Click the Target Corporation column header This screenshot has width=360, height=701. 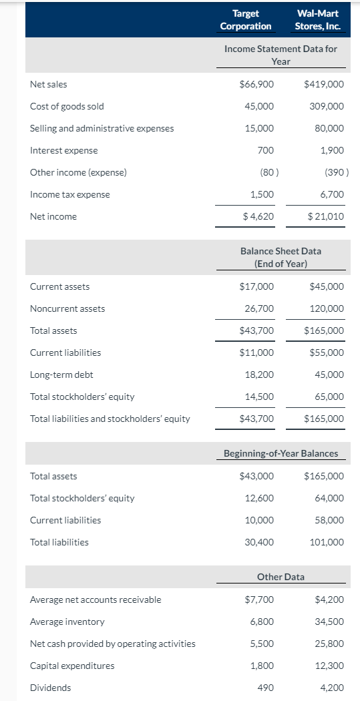coord(246,20)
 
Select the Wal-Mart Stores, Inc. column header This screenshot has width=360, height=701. coord(319,20)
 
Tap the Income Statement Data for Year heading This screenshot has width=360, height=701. coord(281,55)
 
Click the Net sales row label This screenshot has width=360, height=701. coord(49,84)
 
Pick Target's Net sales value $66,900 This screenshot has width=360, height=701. coord(256,84)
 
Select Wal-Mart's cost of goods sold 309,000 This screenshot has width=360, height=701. coord(327,106)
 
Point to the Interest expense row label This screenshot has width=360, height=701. coord(64,150)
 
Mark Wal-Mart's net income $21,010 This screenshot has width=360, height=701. coord(326,216)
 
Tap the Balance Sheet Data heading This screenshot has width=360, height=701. coord(281,257)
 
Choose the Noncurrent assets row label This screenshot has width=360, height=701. coord(67,308)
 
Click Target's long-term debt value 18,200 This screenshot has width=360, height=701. coord(261,375)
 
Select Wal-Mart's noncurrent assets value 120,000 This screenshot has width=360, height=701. coord(327,308)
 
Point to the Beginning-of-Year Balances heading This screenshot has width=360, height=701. coord(281,453)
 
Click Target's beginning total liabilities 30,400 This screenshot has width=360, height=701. coord(261,542)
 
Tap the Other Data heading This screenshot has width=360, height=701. coord(281,576)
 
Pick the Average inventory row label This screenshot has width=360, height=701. coord(67,622)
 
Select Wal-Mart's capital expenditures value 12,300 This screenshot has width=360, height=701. coord(329,666)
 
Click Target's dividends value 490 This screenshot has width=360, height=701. coord(265,688)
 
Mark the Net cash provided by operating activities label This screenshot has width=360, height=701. coord(113,644)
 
